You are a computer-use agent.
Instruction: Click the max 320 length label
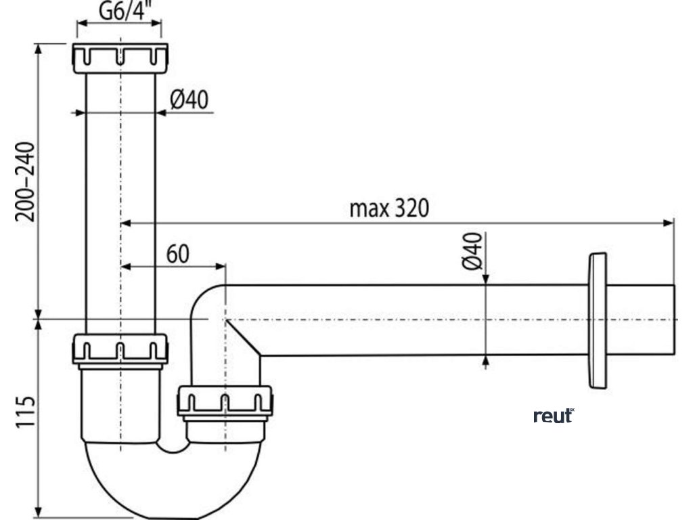389,208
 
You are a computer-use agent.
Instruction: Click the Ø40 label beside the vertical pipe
188,101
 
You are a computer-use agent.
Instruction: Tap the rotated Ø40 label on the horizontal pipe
473,251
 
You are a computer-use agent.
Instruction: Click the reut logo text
553,416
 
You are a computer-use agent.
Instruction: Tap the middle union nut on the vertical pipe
120,348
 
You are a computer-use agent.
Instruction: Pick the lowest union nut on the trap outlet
225,402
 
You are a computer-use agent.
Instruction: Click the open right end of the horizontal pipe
674,320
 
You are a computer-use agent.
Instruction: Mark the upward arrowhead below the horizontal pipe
485,362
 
